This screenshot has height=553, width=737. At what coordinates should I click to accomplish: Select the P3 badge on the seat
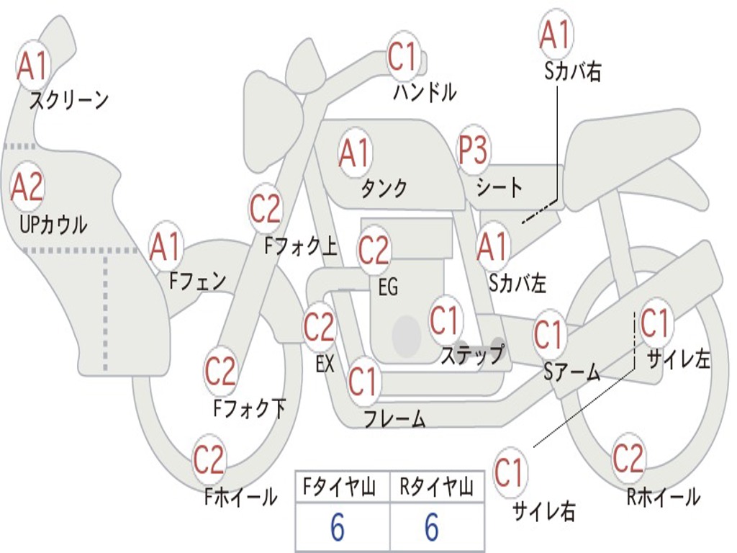[x=473, y=150]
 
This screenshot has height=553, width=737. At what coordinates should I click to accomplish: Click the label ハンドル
[x=425, y=92]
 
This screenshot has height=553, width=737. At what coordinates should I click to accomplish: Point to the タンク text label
[x=384, y=188]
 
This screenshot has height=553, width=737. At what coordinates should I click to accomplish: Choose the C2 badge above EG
[x=373, y=251]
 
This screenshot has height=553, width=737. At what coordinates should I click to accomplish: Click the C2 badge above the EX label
[x=319, y=328]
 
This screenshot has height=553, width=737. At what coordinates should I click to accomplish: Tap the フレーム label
[x=394, y=418]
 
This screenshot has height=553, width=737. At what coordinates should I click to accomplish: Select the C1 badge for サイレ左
[x=654, y=323]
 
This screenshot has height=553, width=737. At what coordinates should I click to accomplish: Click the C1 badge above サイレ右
[x=509, y=472]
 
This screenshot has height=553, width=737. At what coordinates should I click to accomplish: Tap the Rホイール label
[x=663, y=497]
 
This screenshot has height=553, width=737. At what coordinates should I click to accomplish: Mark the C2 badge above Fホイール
[x=209, y=459]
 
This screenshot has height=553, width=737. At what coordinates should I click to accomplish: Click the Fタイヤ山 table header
[x=341, y=488]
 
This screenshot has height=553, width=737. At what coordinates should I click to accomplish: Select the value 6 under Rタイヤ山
[x=431, y=528]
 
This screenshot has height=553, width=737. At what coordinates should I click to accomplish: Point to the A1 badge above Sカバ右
[x=555, y=34]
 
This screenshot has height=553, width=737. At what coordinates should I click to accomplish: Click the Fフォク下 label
[x=249, y=408]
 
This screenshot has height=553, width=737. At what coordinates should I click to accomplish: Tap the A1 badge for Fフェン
[x=166, y=247]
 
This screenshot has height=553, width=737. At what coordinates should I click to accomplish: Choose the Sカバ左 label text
[x=517, y=283]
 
